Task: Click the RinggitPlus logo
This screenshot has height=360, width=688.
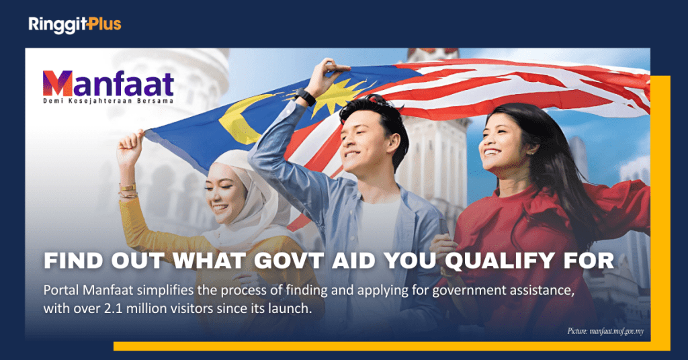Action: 75,25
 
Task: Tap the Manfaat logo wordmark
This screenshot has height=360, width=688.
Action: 108,83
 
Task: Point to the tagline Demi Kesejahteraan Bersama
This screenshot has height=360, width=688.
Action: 108,101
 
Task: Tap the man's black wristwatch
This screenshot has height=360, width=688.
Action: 305,97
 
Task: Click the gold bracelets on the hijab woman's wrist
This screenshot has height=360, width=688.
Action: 128,191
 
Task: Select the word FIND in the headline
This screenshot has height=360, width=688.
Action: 74,261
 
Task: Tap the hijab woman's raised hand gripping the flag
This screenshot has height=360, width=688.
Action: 130,147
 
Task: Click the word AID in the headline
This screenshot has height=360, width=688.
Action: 353,261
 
